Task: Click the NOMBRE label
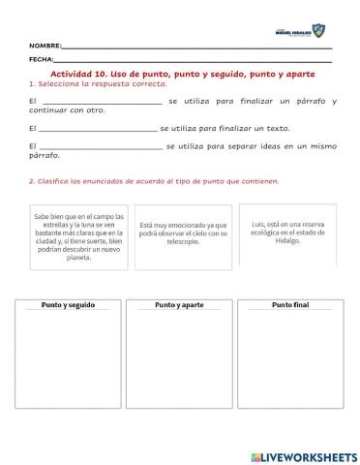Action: click(x=45, y=46)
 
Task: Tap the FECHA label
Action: click(x=41, y=60)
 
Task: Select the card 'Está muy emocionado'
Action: click(x=184, y=233)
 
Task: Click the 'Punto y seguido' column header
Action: click(x=68, y=304)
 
